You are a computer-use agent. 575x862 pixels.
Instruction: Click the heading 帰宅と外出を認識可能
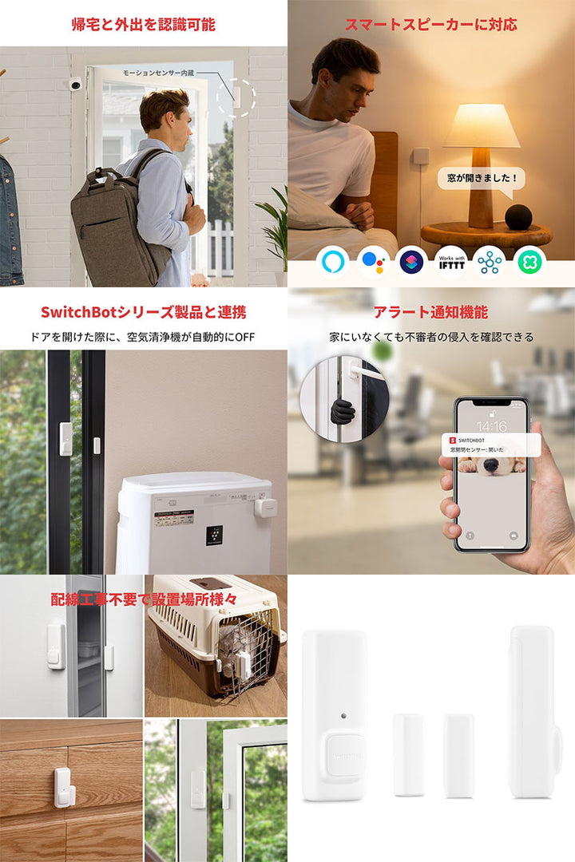pos(143,24)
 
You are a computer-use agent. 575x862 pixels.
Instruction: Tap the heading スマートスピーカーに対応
pos(430,24)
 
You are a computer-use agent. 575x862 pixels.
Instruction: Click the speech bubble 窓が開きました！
pos(481,178)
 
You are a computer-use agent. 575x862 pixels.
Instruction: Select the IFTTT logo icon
pos(450,261)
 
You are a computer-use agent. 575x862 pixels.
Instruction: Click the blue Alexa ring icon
pos(333,261)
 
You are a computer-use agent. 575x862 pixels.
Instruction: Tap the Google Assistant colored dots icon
pos(372,261)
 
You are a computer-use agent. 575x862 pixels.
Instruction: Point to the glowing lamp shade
pos(481,127)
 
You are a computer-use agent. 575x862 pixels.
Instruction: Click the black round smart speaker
pos(517,217)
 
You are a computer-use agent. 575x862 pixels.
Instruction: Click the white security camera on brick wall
pos(75,84)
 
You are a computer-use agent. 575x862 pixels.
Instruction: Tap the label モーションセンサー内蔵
pos(158,73)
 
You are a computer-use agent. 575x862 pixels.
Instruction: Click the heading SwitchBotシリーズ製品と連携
pos(143,312)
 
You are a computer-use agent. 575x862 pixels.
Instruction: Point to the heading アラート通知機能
pos(430,312)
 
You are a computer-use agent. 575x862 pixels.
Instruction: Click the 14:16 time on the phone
pos(491,427)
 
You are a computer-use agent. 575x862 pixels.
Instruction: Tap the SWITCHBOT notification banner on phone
pos(491,445)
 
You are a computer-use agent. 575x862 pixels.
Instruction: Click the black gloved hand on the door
pos(343,412)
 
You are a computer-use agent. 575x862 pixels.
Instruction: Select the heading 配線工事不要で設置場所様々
pos(143,599)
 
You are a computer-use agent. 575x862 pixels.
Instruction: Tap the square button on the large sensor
pos(345,755)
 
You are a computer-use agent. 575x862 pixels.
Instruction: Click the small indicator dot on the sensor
pos(342,715)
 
